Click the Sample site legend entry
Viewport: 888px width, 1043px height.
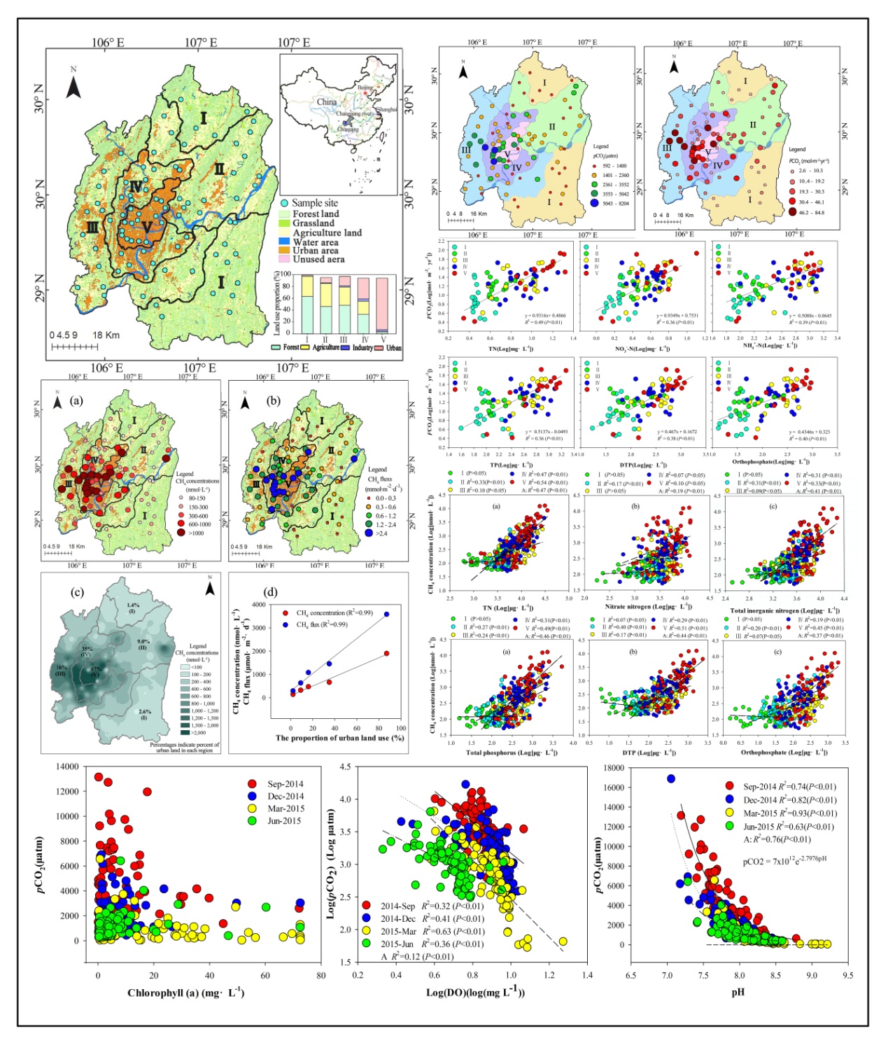(314, 203)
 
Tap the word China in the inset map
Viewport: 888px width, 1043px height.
(326, 102)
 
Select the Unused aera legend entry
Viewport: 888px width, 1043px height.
(318, 260)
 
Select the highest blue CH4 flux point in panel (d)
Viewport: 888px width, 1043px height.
(386, 615)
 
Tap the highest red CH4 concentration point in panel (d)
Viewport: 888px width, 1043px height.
(386, 653)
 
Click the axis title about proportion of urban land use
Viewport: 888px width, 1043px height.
(339, 738)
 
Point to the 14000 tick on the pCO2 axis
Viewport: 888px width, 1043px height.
(68, 766)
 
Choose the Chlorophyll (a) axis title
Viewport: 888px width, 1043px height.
(185, 993)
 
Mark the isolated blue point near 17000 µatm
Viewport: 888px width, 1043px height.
(671, 778)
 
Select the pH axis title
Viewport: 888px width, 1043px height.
(738, 992)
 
